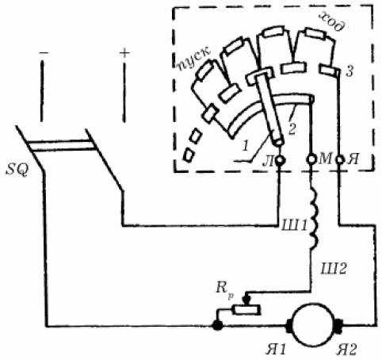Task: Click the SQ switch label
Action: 17,170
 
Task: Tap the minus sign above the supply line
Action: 44,53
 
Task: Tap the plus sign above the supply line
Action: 124,54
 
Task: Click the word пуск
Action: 194,59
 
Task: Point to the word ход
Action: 332,22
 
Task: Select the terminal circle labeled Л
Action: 280,160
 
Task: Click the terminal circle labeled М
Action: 311,159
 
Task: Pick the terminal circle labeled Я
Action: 340,159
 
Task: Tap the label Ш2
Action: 333,269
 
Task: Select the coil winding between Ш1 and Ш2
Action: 315,217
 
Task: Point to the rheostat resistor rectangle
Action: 246,309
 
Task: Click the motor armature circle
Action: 314,324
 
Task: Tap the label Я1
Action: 276,350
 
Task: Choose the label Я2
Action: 346,350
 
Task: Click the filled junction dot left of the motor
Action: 218,325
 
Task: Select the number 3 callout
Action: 350,71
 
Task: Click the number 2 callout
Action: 292,129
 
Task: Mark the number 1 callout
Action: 246,146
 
